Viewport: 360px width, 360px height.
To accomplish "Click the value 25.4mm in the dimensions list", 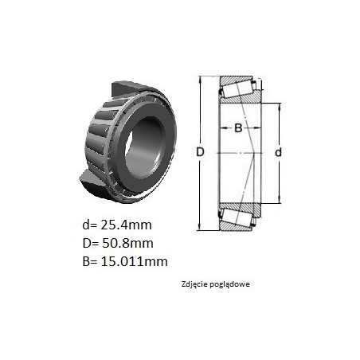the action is click(x=126, y=225).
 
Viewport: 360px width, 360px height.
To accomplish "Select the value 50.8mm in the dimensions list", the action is click(x=127, y=243).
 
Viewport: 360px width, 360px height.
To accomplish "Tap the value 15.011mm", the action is click(x=135, y=261).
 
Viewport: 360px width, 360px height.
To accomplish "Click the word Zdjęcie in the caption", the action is click(x=194, y=284).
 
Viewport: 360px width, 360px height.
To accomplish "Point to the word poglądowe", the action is click(x=230, y=284).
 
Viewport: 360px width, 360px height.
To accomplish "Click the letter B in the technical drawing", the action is click(x=238, y=128).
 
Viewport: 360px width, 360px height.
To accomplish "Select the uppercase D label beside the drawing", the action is click(x=200, y=152).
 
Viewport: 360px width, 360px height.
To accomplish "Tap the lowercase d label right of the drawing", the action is click(x=278, y=152).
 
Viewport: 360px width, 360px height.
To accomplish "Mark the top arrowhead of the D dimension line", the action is click(x=200, y=79).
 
